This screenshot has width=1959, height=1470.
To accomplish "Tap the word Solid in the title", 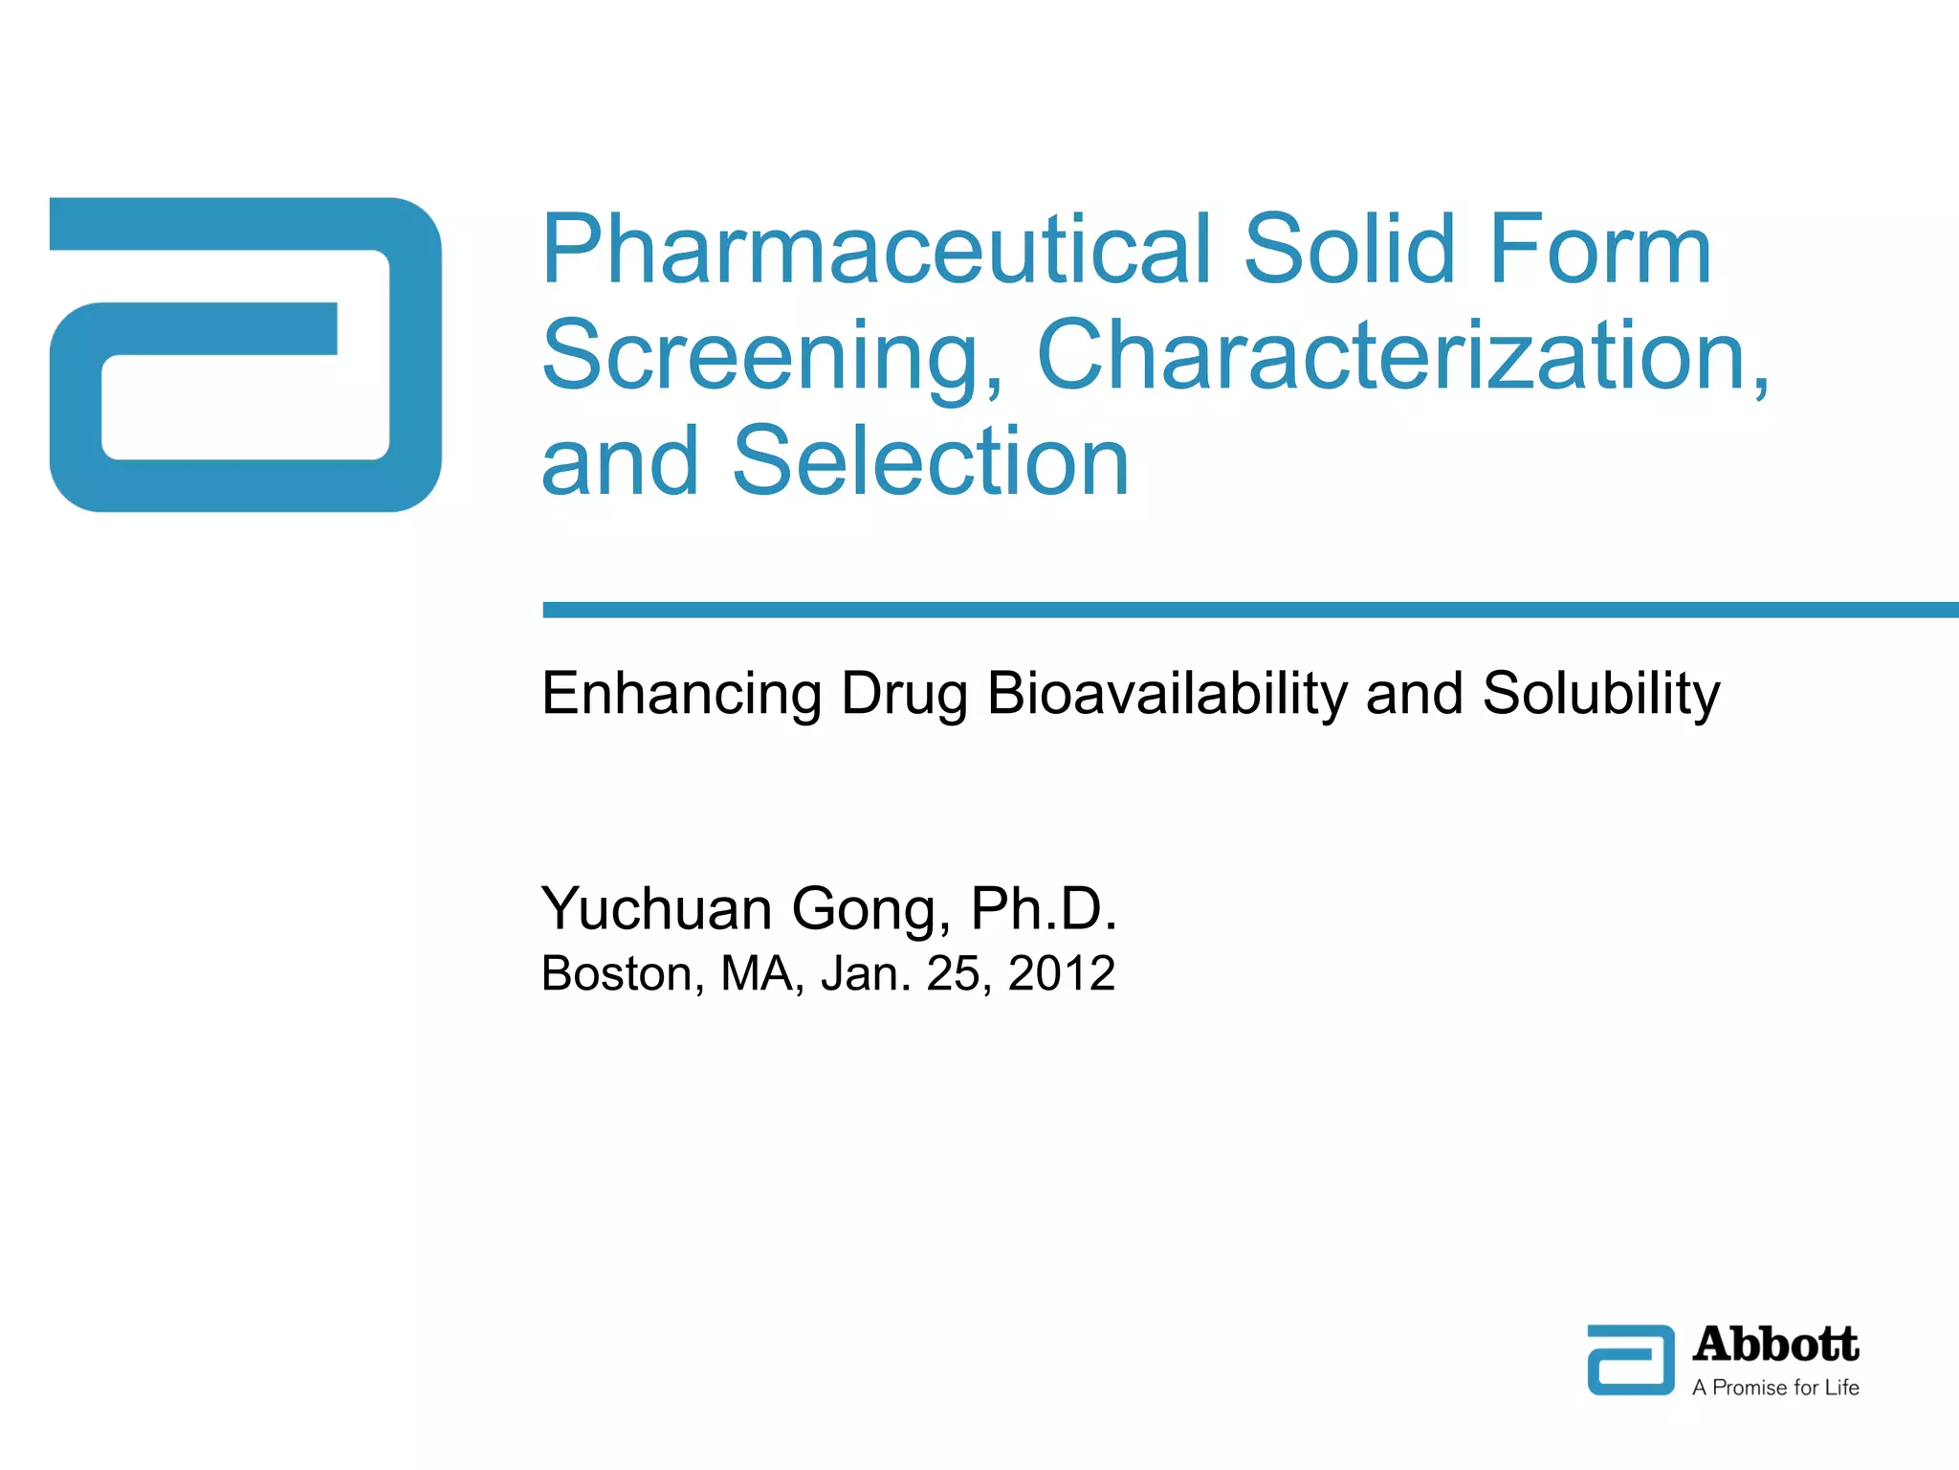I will (1350, 251).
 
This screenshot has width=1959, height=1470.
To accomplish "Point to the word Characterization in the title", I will (1400, 356).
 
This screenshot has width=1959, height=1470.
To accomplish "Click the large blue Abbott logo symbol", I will (246, 354).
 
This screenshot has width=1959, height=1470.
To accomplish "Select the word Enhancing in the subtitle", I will (681, 694).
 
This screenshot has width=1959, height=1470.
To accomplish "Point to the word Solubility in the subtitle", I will (1600, 694).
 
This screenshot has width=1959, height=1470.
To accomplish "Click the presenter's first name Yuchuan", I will (656, 908).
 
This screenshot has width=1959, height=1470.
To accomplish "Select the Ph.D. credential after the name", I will (1044, 908).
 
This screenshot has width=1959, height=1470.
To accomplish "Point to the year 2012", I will (1062, 974).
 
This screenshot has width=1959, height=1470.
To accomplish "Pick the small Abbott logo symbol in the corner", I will (1631, 1360).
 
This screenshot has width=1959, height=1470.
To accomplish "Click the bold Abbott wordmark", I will (1775, 1345).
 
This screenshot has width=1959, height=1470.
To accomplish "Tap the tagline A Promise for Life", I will (1775, 1388).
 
